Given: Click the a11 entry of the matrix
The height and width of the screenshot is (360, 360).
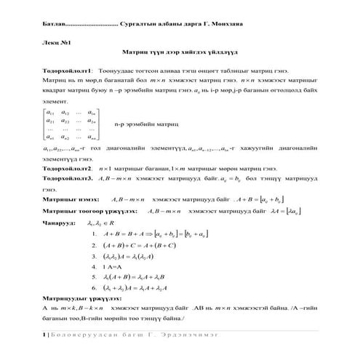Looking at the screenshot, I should tap(50, 113).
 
